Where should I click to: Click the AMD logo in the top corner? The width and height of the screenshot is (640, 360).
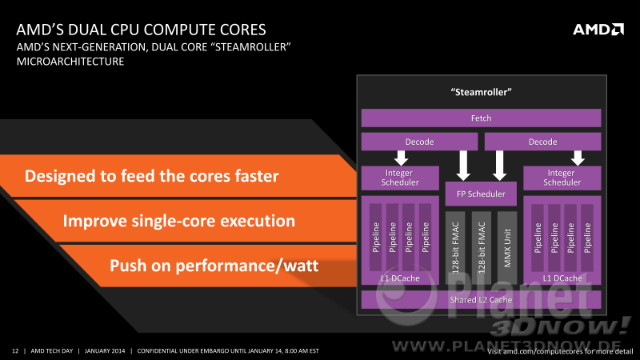pos(598,30)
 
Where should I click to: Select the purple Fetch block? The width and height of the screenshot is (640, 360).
pos(481,118)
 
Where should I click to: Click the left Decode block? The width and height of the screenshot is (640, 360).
pos(419,142)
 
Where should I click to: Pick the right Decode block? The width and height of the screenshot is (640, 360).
pos(542,142)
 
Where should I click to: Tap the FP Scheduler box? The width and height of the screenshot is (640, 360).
pos(481,194)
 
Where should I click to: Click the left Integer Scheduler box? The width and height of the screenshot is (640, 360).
pos(400,178)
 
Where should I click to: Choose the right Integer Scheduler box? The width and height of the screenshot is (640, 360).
pos(562,178)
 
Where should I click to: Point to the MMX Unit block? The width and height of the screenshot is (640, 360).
pos(507,248)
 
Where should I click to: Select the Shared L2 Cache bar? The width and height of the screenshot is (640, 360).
pos(481,300)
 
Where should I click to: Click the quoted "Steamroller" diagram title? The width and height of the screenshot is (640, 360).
pos(482,92)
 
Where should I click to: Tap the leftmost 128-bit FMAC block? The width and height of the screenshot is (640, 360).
pos(455,248)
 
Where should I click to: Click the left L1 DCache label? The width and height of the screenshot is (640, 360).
pos(400,278)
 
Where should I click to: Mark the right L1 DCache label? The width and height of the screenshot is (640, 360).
pos(562,278)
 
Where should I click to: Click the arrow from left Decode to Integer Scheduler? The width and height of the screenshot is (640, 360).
pos(402,158)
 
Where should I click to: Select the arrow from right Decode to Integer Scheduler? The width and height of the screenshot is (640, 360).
pos(578,158)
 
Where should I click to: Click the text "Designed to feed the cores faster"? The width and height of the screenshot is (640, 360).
pos(152,176)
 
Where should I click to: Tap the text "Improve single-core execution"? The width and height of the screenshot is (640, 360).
pos(178,221)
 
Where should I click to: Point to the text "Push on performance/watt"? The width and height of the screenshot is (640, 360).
pos(214,266)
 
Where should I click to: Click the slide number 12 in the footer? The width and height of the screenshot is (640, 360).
pos(15,351)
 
